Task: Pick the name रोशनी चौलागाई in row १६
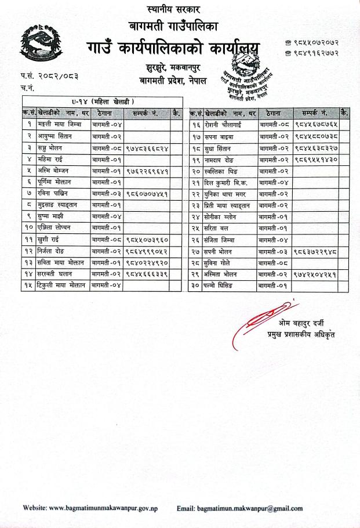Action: click(223, 125)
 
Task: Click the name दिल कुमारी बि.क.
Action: click(225, 182)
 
